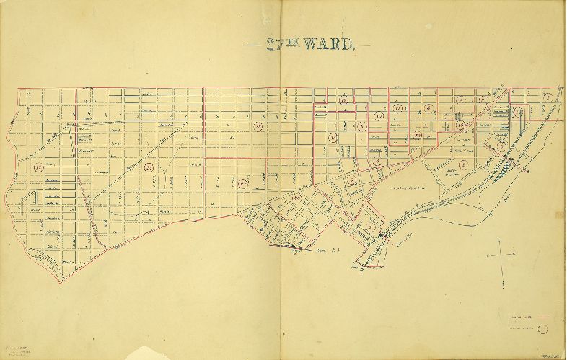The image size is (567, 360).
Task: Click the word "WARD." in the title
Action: [x=328, y=45]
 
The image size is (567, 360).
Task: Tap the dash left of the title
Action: [x=252, y=45]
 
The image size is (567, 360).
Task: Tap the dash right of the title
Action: [x=365, y=45]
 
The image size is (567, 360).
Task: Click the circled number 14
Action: [x=333, y=137]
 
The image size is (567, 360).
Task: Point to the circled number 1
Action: [x=548, y=97]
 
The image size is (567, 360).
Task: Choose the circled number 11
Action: [x=398, y=109]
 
